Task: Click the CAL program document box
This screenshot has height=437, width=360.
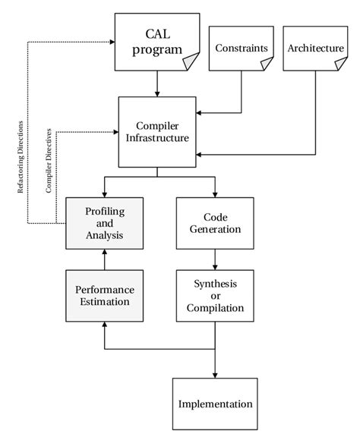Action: [156, 42]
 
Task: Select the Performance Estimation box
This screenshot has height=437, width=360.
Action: [104, 295]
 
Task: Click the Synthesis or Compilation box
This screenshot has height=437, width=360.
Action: [215, 295]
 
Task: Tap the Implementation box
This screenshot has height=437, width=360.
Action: [215, 403]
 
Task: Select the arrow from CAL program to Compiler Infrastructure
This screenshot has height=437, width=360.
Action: [156, 83]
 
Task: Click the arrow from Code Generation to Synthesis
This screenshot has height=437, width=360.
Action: [215, 259]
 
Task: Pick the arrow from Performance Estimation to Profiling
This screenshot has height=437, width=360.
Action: [104, 259]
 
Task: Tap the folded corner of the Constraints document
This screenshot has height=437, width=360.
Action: [266, 64]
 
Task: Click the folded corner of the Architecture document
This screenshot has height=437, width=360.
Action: [339, 64]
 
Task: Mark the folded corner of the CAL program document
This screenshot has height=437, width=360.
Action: [191, 61]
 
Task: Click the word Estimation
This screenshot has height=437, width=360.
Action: [104, 302]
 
